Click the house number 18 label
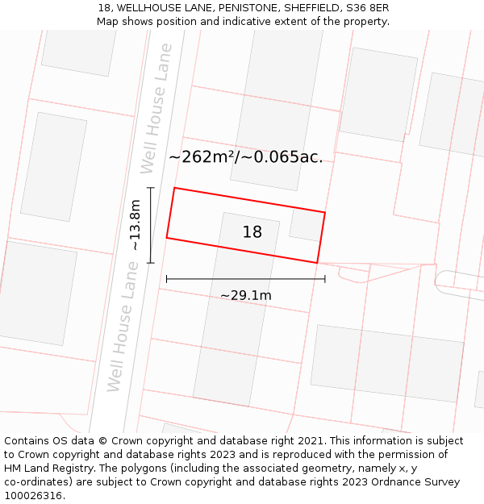[x=252, y=232]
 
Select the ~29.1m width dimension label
[x=246, y=295]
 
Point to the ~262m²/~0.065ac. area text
[x=246, y=157]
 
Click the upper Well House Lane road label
[x=156, y=108]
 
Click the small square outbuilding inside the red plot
[x=305, y=225]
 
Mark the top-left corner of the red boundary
[x=174, y=189]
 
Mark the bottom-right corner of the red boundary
[x=316, y=263]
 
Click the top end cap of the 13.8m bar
[x=151, y=188]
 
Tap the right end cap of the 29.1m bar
[x=325, y=279]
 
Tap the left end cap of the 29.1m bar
[x=167, y=279]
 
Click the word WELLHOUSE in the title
[x=143, y=7]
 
